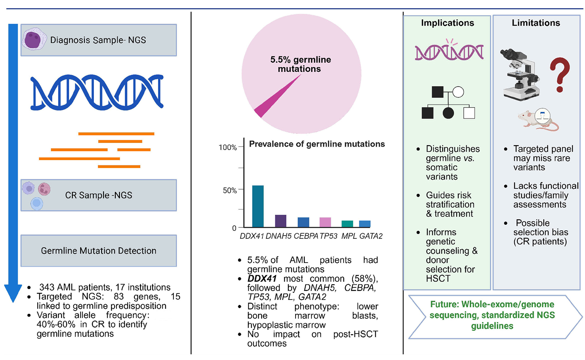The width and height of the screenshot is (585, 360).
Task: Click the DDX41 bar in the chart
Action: pyautogui.click(x=258, y=206)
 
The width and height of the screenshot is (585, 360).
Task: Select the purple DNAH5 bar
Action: pyautogui.click(x=281, y=221)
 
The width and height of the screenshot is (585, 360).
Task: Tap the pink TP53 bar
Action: pyautogui.click(x=325, y=222)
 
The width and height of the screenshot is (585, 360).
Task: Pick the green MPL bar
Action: pyautogui.click(x=347, y=224)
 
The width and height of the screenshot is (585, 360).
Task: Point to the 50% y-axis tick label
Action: pyautogui.click(x=229, y=190)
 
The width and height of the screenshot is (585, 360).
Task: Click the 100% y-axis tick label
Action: pyautogui.click(x=228, y=148)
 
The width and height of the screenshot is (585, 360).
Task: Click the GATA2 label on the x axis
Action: pyautogui.click(x=371, y=236)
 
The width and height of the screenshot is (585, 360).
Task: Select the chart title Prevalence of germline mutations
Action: pyautogui.click(x=317, y=144)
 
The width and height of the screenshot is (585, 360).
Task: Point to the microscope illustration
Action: pyautogui.click(x=520, y=74)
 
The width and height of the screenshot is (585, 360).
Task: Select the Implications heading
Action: pyautogui.click(x=448, y=23)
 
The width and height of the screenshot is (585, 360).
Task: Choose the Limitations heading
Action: pyautogui.click(x=536, y=23)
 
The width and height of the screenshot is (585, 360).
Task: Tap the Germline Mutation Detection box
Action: pyautogui.click(x=99, y=251)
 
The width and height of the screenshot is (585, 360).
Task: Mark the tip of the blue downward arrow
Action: pyautogui.click(x=13, y=300)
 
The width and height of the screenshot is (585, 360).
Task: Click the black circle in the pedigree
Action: pyautogui.click(x=448, y=113)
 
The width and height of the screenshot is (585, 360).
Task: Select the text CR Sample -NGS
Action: pyautogui.click(x=99, y=195)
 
